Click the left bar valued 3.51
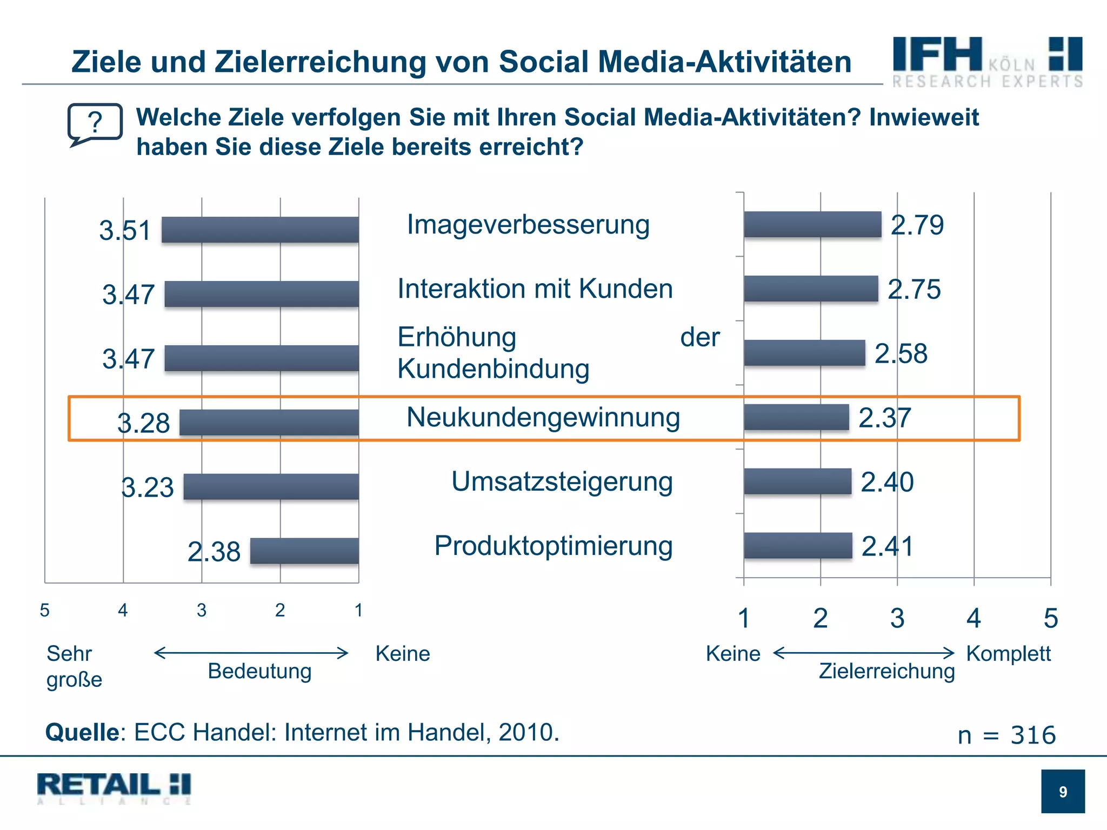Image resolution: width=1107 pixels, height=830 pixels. point(260,230)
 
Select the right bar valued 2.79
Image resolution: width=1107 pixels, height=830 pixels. point(812,224)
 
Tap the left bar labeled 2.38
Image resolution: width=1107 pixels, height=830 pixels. point(304,551)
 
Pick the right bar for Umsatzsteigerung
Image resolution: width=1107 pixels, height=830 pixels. point(797,481)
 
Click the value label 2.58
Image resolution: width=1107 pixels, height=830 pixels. point(901,353)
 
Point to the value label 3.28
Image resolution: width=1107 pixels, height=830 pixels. point(143,423)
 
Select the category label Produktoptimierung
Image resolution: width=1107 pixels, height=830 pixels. point(553,545)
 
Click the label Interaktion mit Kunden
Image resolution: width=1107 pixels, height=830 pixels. point(535,289)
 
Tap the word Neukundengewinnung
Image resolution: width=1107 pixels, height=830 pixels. point(543,417)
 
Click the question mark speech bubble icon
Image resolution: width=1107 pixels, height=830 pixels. point(95,124)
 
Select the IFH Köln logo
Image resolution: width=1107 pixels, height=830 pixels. point(987,62)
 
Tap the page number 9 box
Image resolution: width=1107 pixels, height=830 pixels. point(1063,791)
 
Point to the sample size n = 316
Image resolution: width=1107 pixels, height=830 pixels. point(1006,735)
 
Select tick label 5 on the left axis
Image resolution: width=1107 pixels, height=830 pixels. point(45,610)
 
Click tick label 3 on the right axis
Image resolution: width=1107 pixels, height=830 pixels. point(897,618)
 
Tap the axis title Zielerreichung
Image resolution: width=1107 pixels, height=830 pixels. point(886,671)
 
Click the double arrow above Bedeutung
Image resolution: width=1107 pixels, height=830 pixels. point(251,653)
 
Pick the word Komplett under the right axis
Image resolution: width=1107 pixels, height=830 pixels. point(1008,653)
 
